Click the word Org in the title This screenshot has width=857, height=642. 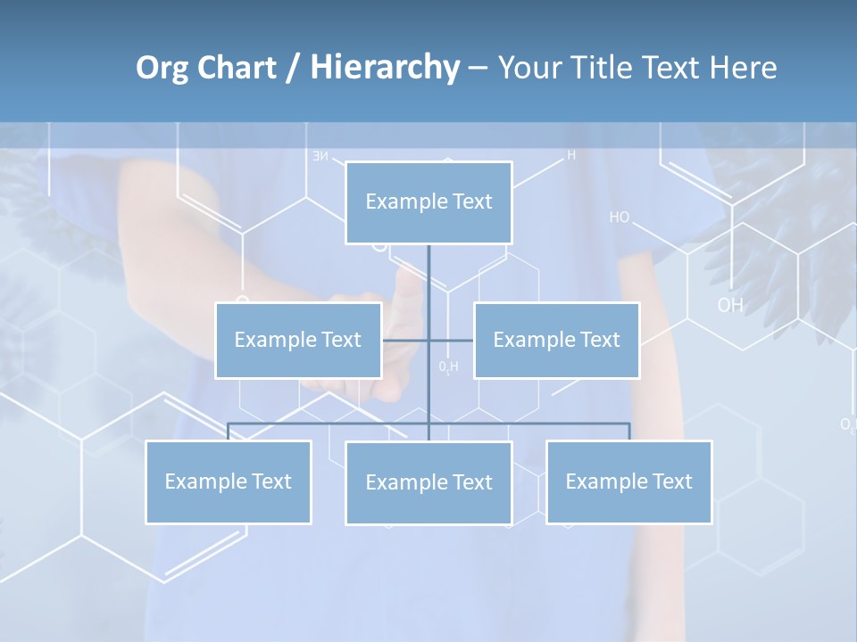(x=162, y=69)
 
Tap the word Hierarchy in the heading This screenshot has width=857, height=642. (x=384, y=69)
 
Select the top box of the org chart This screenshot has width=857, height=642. (x=428, y=202)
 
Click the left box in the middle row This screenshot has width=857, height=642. (x=298, y=341)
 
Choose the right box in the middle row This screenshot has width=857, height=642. (x=556, y=341)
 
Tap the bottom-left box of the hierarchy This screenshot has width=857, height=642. (x=229, y=482)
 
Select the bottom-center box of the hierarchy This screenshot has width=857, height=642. (x=428, y=483)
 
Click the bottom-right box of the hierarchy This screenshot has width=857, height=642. (x=628, y=482)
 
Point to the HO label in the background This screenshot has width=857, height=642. (x=620, y=218)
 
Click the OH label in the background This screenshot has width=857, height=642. (x=729, y=306)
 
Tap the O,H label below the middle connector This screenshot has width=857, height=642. (x=448, y=366)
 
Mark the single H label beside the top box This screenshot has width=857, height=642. (x=571, y=155)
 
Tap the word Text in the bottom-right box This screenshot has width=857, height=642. (x=671, y=482)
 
